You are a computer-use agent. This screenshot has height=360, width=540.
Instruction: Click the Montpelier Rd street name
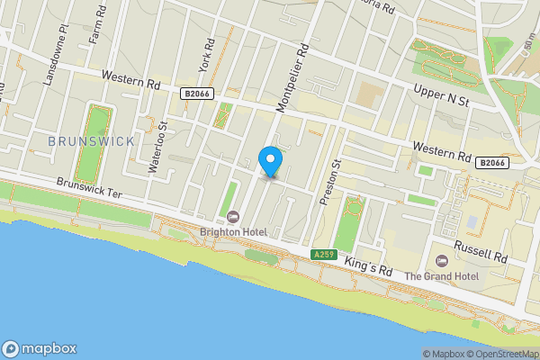pos(294,80)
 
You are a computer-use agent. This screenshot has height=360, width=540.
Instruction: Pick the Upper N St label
pos(442,97)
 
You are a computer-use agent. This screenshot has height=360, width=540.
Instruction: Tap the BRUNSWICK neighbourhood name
pos(91,141)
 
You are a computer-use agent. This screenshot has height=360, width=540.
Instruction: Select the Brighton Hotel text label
pos(233,232)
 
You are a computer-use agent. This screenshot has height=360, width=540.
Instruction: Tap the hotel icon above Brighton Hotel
pos(233,216)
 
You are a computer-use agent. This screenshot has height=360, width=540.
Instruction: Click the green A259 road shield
pos(324,256)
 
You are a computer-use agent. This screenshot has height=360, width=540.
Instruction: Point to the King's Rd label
pos(373,269)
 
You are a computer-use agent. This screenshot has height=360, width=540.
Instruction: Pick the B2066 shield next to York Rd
pos(195,93)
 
